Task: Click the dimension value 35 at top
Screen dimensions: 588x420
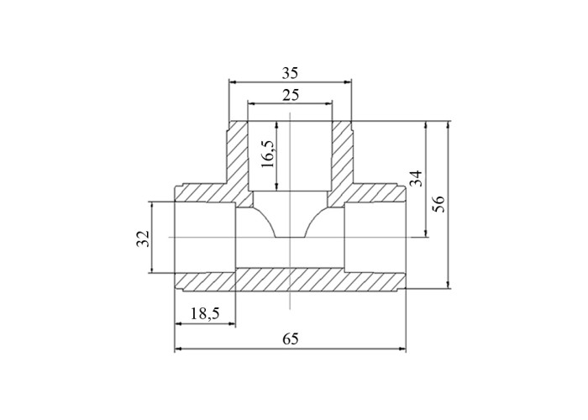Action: (x=290, y=73)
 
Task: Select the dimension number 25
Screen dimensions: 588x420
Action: (x=291, y=95)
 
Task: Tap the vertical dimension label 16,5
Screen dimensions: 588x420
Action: (x=269, y=155)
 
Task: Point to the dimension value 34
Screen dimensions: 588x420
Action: (x=416, y=178)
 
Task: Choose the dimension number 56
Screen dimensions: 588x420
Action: (x=438, y=204)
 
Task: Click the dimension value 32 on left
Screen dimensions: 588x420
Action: (x=143, y=239)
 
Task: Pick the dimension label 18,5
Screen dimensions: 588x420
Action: (x=205, y=313)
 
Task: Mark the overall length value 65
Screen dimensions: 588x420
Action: (x=291, y=339)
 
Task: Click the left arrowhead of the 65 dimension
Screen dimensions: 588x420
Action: (x=178, y=349)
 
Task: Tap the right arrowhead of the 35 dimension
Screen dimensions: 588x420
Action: (x=348, y=82)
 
